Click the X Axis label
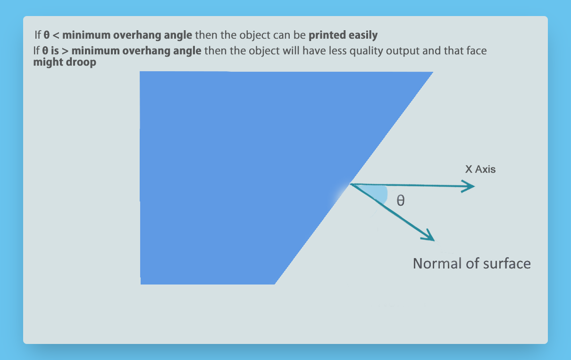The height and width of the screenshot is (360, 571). coord(480,169)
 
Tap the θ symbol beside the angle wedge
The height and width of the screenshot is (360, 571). coord(401,201)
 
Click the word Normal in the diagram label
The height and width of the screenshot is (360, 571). coord(437,263)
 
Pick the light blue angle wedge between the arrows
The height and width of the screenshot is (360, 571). coord(377,194)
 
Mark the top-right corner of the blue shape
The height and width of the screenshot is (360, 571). coord(433,72)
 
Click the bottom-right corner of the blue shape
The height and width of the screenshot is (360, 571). coord(275,284)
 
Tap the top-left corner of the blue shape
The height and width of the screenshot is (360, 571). coord(140,72)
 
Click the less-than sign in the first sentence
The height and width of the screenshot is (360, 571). coord(56,35)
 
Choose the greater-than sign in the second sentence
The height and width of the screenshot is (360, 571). coord(65,51)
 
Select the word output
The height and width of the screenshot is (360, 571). coord(403,51)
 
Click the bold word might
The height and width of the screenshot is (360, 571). coord(48,62)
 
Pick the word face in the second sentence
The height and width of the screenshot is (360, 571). coord(477,51)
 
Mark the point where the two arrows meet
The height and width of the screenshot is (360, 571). coord(351,184)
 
